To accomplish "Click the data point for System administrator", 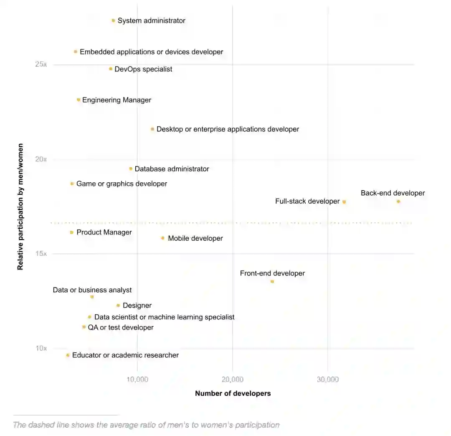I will point(113,20).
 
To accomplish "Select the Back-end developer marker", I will point(398,201).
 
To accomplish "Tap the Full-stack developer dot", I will point(344,202).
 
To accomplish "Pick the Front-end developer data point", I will point(272,281).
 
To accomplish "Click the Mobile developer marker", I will point(163,238).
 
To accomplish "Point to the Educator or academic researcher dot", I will point(68,355).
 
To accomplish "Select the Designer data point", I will point(118,306).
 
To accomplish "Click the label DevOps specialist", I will point(143,69).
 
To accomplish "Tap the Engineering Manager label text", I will point(117,100).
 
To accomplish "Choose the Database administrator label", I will point(172,169).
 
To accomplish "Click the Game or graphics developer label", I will point(122,184).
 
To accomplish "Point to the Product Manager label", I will point(104,232).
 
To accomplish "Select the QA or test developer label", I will point(121,328).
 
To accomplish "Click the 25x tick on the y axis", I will point(41,64).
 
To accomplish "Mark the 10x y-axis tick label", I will point(41,348).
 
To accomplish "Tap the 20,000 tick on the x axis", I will point(232,380).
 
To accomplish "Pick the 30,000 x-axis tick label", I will point(328,380).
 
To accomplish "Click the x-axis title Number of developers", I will point(233,393).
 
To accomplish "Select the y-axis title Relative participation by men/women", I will point(20,207).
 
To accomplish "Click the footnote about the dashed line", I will point(146,425).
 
